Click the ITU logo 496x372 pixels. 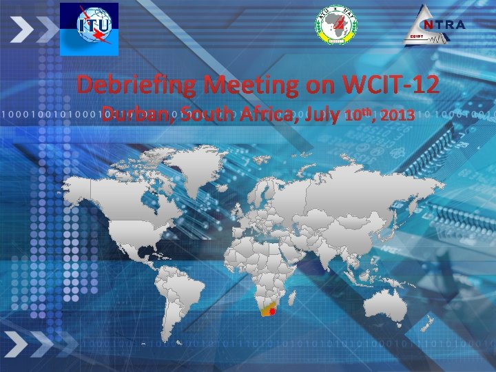coord(89,28)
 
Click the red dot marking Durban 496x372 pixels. coord(273,311)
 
